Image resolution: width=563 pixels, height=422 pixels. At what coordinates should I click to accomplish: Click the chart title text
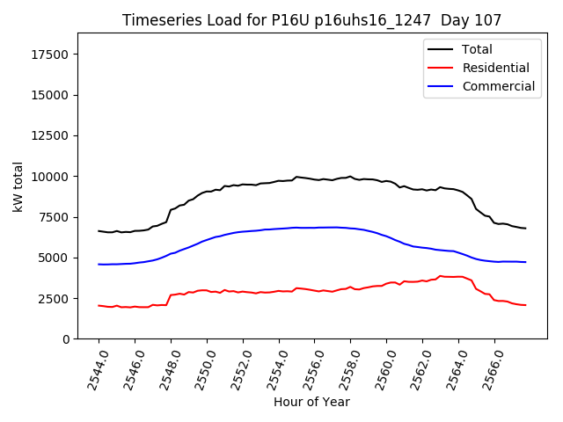311,20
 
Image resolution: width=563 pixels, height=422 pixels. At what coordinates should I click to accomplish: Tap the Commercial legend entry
498,86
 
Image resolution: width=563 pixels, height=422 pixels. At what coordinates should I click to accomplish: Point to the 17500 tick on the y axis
49,55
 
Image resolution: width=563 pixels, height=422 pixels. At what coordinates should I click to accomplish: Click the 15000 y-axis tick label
49,95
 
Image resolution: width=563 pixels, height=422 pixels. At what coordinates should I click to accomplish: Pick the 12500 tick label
49,136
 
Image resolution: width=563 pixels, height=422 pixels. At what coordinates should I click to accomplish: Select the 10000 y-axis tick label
49,177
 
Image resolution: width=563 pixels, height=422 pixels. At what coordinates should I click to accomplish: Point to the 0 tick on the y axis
66,339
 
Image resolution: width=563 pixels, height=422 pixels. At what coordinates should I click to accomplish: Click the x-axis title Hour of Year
311,403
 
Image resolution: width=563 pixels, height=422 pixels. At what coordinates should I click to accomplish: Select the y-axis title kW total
18,186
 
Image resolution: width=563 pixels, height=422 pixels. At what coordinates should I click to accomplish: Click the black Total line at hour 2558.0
350,177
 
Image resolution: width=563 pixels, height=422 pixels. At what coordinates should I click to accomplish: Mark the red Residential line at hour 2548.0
171,295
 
